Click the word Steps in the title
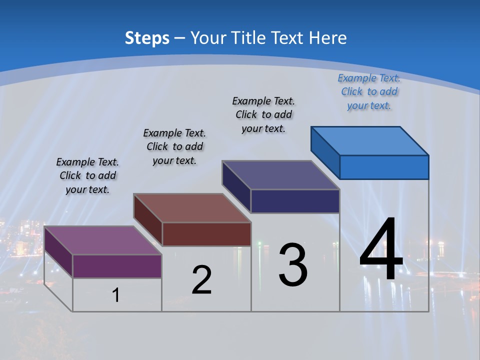click(147, 38)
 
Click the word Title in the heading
click(249, 38)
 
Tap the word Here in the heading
click(328, 38)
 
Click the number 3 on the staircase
click(293, 265)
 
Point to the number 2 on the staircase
click(201, 280)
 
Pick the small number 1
click(116, 295)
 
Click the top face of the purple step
click(102, 240)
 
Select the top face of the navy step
click(280, 175)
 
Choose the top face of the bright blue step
click(369, 140)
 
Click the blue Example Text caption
click(369, 91)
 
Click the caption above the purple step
click(87, 175)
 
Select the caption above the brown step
click(174, 146)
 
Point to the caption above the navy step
click(263, 114)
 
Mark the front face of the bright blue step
click(384, 167)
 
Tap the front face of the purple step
click(117, 266)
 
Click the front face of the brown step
click(206, 234)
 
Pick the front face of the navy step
click(295, 201)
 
